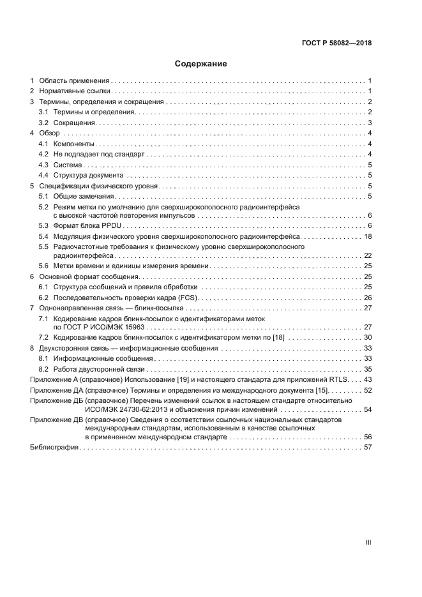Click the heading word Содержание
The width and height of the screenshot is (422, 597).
point(201,64)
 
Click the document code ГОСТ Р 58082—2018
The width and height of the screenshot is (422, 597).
point(336,43)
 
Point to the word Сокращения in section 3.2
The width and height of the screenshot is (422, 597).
point(74,123)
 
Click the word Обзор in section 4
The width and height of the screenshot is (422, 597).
point(49,133)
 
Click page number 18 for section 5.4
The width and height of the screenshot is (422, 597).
point(368,236)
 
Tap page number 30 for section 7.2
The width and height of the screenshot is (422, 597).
point(368,337)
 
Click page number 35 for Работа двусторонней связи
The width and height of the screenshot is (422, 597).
point(368,369)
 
